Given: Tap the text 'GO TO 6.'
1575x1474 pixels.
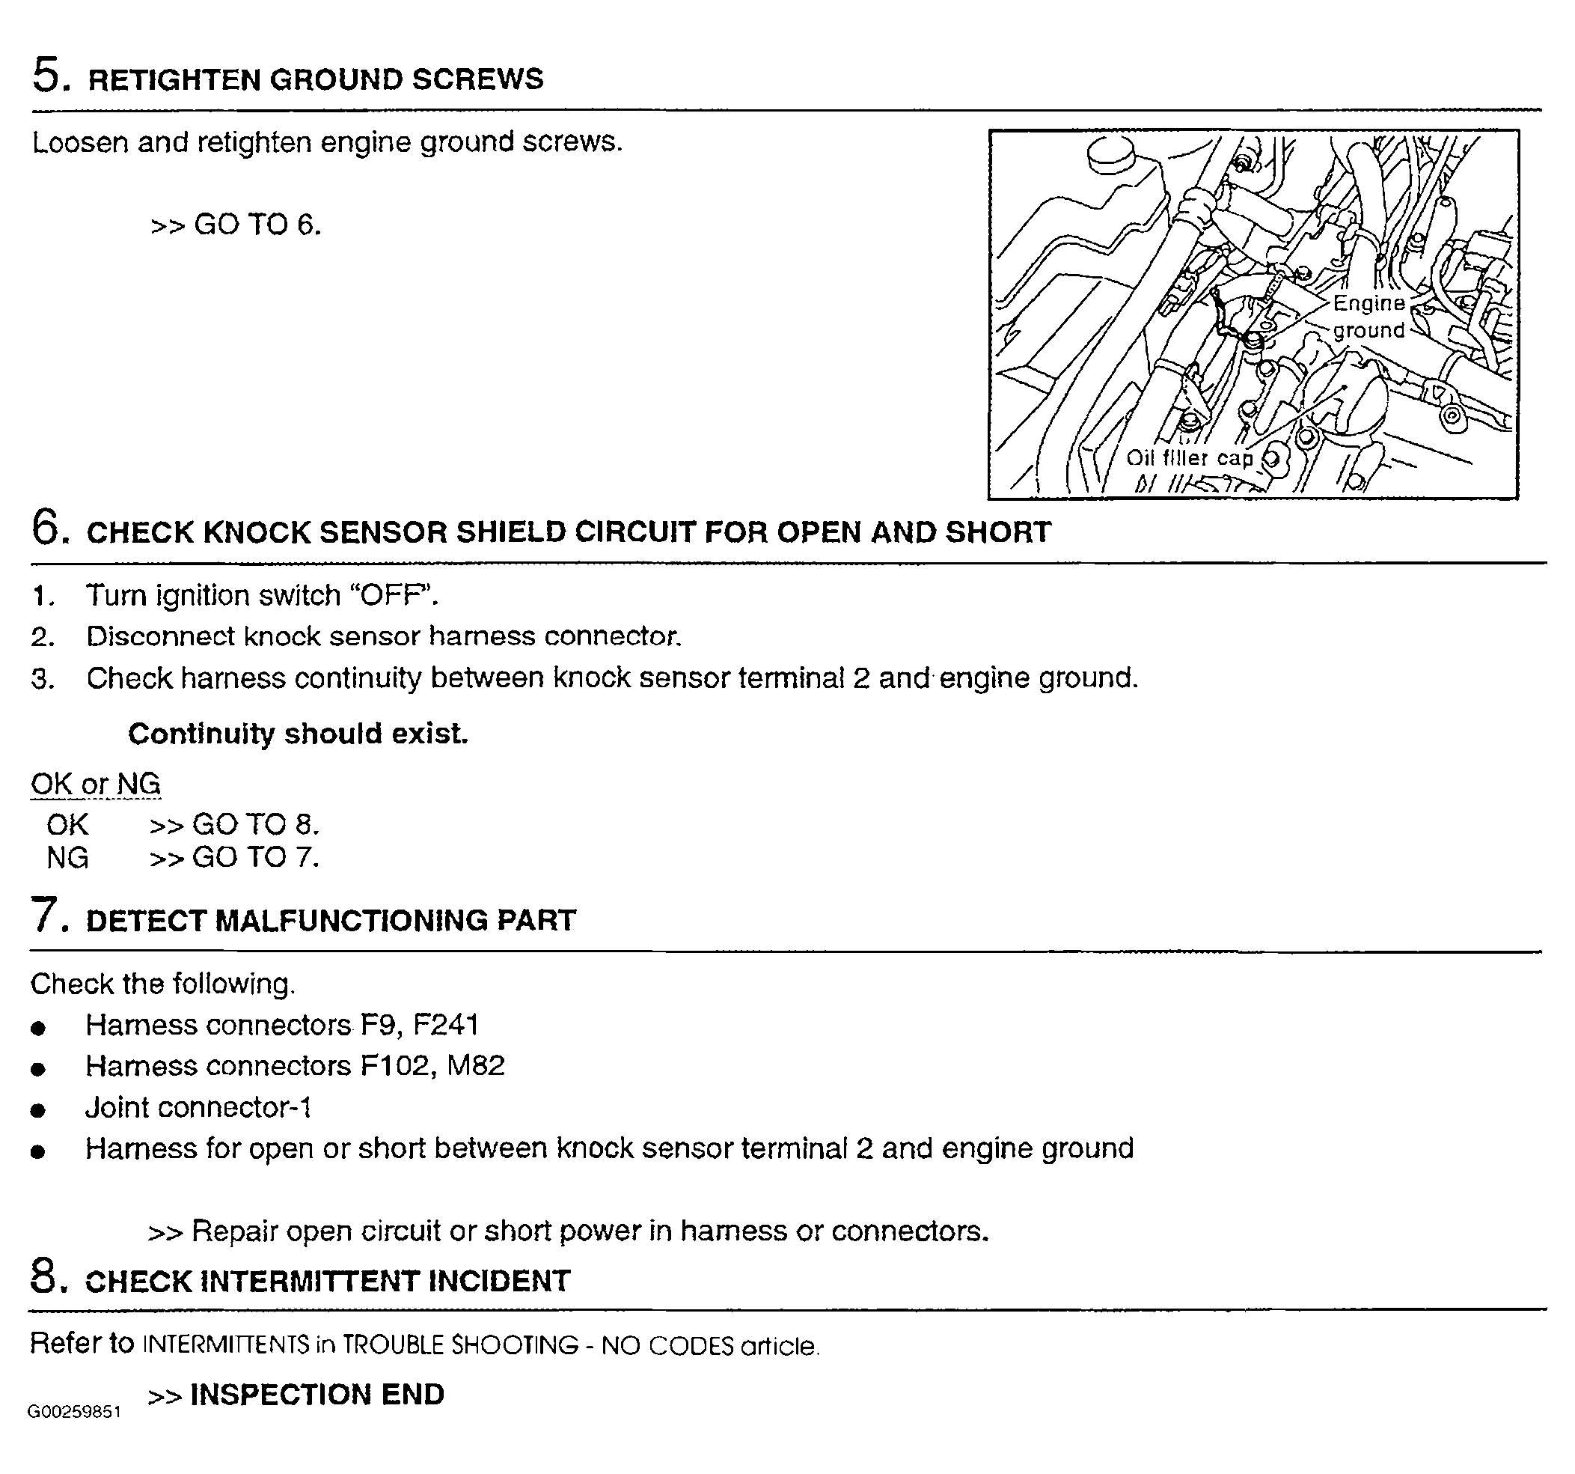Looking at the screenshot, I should [x=257, y=225].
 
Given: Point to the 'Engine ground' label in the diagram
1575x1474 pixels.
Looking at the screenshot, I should [x=1368, y=316].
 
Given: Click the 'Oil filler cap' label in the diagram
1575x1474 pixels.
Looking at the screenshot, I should [x=1189, y=458].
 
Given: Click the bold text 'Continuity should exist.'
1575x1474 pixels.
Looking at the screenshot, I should [x=298, y=734].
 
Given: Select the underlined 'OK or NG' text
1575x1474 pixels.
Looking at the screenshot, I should [x=95, y=784].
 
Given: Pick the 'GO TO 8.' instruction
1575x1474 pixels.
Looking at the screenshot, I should [x=256, y=825].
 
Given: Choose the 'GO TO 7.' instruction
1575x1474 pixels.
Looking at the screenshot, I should [x=256, y=857].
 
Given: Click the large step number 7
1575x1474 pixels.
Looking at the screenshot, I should [x=46, y=916].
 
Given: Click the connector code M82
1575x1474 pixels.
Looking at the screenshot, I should [x=475, y=1066].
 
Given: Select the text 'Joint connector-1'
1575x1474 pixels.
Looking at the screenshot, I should [x=198, y=1107].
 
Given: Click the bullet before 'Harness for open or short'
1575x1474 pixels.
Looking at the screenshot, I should [x=37, y=1151].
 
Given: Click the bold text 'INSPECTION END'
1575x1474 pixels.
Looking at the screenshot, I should [x=317, y=1394].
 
